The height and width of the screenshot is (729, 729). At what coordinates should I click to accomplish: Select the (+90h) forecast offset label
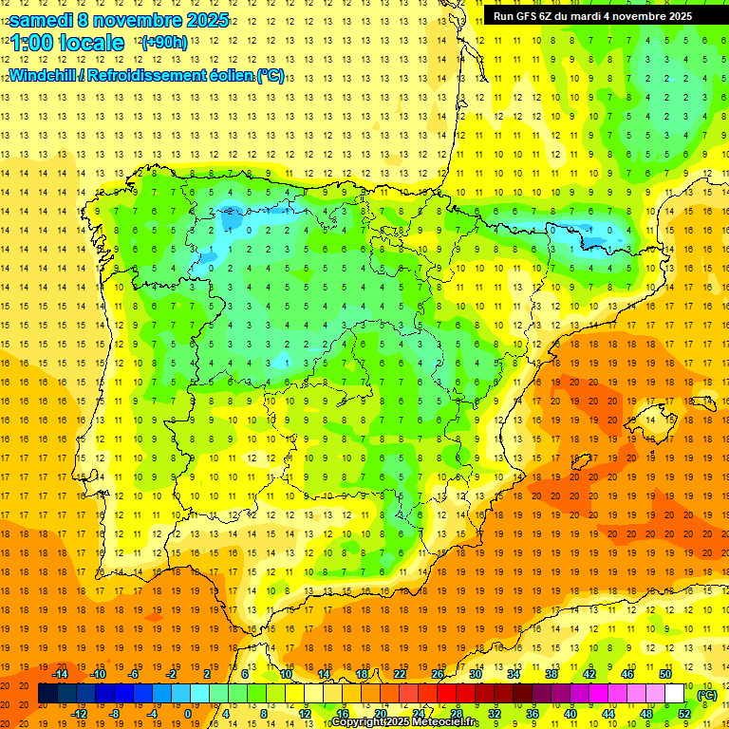coord(163,43)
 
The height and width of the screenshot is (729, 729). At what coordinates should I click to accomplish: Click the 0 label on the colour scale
coord(188,714)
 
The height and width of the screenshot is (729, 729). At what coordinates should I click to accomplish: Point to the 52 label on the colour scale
coord(683,714)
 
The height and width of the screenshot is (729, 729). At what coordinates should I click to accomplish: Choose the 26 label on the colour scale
coord(437,674)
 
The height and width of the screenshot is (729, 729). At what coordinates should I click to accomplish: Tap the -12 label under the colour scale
coord(79,714)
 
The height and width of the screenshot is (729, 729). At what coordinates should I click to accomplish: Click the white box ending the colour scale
coord(675,694)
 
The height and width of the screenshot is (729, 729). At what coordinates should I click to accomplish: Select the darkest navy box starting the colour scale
coord(47,694)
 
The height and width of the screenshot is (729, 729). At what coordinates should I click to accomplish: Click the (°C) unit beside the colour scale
coord(706,695)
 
